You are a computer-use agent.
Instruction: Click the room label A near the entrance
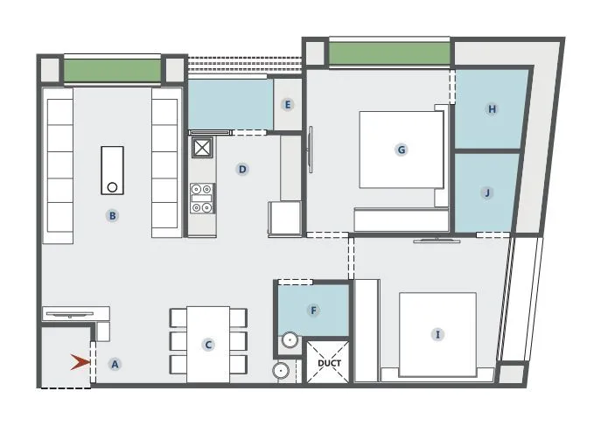(114, 364)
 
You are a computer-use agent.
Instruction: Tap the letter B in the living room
(112, 215)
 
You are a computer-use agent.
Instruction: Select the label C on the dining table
(208, 345)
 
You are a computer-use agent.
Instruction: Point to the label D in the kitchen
(242, 169)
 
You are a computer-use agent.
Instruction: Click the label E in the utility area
(287, 104)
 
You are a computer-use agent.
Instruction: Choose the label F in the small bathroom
(313, 309)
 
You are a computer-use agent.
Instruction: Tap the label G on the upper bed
(402, 150)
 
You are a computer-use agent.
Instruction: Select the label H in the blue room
(493, 109)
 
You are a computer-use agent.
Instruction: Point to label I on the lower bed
(437, 334)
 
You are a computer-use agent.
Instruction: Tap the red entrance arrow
(80, 361)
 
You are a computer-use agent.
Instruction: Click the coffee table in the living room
(112, 171)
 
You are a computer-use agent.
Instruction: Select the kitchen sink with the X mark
(202, 147)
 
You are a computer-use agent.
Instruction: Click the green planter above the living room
(113, 70)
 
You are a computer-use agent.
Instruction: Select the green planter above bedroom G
(389, 54)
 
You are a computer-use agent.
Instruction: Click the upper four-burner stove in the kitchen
(202, 188)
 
